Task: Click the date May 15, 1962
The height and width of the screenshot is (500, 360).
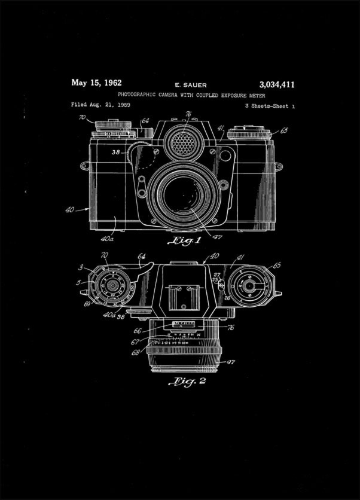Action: [96, 83]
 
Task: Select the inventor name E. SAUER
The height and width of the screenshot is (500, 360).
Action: [190, 85]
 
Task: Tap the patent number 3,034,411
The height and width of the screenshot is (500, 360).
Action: [277, 84]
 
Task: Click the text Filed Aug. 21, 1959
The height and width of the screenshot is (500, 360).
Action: [100, 105]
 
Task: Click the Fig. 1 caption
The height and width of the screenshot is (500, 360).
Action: [185, 241]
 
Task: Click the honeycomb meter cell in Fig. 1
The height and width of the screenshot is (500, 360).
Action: [183, 143]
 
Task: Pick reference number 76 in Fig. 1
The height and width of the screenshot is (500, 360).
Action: [188, 114]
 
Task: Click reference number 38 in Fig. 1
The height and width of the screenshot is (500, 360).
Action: [115, 152]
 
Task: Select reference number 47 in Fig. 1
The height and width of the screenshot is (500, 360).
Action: [216, 237]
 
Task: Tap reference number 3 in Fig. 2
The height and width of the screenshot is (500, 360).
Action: [81, 267]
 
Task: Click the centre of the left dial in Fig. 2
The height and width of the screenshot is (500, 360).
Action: [112, 286]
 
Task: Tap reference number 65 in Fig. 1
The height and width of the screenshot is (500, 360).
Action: [283, 130]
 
